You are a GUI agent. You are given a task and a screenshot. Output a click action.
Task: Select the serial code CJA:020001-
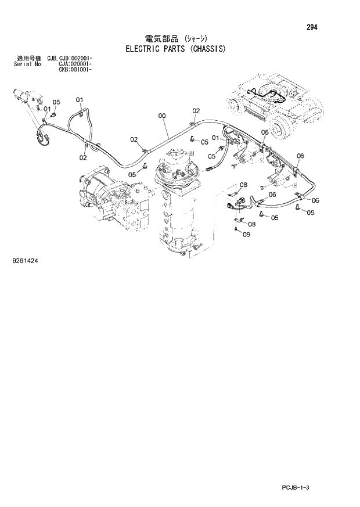(77, 64)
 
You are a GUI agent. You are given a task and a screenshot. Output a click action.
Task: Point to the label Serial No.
(26, 64)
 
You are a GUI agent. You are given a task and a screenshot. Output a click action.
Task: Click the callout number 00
(162, 116)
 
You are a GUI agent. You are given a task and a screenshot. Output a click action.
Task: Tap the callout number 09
(246, 235)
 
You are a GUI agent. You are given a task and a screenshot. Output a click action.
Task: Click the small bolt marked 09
(237, 231)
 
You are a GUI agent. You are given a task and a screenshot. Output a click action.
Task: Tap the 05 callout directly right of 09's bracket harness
(274, 218)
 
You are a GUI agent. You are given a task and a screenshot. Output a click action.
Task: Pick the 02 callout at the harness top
(196, 111)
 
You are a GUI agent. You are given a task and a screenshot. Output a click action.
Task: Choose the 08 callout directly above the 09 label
(252, 224)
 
